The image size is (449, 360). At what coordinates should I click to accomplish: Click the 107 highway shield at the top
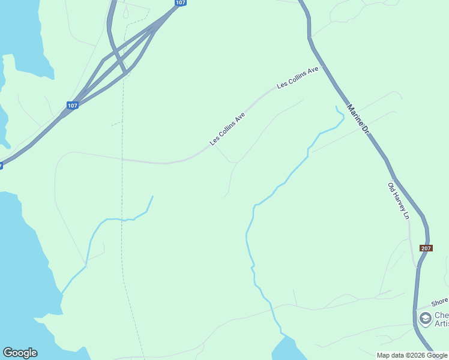pos(180,3)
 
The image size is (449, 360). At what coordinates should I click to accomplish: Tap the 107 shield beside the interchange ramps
pos(73,106)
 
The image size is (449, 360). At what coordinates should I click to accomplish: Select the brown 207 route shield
pos(426,248)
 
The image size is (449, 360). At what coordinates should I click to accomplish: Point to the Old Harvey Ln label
pos(398,200)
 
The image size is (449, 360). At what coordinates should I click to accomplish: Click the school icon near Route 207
pos(426,319)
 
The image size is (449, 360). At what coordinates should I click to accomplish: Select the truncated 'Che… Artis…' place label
pos(441,320)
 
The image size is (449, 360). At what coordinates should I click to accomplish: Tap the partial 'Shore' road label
pos(439,301)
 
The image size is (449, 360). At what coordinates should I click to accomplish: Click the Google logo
pos(20,353)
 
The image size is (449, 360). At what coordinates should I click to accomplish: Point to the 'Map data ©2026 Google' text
pos(412,355)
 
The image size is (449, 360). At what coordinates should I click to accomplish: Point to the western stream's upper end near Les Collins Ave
pos(152,197)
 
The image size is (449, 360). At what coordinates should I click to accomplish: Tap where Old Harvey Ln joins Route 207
pos(416,266)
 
